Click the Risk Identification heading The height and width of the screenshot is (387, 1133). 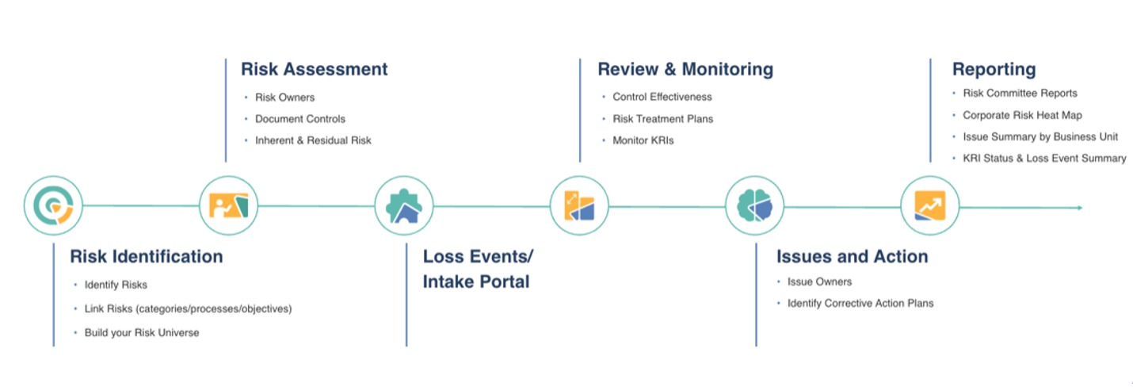[146, 257]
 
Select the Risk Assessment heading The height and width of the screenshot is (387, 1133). [314, 69]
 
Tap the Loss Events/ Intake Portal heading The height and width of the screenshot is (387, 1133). [478, 269]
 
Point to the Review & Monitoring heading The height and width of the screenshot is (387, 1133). [685, 69]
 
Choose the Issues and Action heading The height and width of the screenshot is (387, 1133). [852, 257]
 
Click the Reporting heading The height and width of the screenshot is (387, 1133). [994, 69]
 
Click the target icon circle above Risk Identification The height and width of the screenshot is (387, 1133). [53, 206]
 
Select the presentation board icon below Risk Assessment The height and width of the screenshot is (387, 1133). [228, 206]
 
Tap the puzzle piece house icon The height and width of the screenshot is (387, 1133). [404, 206]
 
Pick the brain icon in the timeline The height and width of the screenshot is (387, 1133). [754, 206]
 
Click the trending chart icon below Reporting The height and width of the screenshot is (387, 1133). [929, 206]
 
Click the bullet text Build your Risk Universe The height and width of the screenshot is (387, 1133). [142, 332]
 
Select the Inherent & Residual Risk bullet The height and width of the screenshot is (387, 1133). [312, 140]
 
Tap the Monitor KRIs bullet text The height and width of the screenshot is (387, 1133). [643, 140]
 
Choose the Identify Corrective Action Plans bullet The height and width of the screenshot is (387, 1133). [860, 303]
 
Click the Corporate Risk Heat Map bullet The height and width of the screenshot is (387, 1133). [1022, 115]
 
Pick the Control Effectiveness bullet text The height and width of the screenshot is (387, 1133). [662, 97]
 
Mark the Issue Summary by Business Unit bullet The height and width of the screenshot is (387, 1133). [1040, 136]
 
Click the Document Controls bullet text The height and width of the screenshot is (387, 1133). [299, 119]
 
